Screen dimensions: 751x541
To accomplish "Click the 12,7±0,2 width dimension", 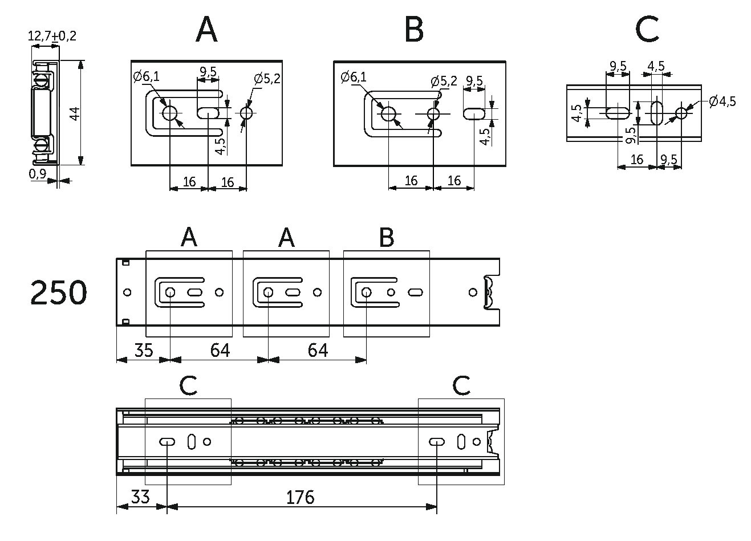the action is coord(52,35).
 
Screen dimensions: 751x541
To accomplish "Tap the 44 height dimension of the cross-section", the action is coord(75,113).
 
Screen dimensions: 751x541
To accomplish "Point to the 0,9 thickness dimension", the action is coord(37,174).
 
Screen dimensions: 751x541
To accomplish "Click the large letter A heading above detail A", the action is coord(206,30).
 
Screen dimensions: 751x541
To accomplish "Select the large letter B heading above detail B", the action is coord(414,30).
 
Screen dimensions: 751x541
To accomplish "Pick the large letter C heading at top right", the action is coord(647,30).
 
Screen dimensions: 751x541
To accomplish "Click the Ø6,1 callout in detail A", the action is coord(146,76).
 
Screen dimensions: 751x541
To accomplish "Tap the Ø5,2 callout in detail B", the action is coord(444,81).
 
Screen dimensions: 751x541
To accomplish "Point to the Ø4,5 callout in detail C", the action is coord(722,101).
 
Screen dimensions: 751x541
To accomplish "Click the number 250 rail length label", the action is coord(59,292).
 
